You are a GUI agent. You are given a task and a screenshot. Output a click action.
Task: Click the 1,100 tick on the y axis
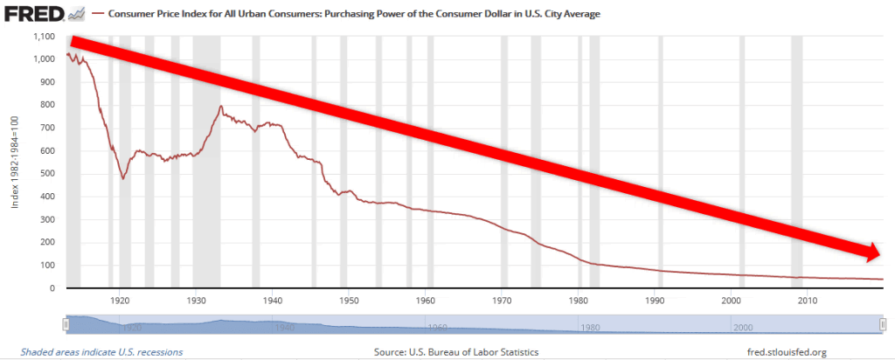(43, 37)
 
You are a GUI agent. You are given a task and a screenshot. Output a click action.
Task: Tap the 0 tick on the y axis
(53, 288)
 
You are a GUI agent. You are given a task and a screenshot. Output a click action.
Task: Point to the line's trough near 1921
(123, 177)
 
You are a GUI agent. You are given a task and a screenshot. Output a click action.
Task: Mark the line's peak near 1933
(220, 107)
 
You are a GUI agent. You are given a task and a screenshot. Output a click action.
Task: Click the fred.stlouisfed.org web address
(782, 352)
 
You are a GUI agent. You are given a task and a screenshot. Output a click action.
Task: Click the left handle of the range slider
(66, 324)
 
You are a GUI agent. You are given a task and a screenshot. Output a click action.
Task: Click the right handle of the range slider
(883, 324)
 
